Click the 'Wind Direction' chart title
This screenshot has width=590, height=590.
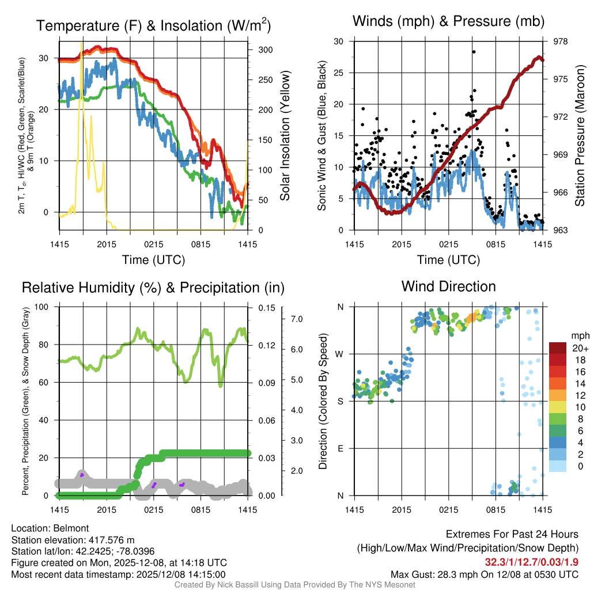coord(448,286)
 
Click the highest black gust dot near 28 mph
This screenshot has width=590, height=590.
coord(474,52)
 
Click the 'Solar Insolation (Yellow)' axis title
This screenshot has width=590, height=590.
coord(285,136)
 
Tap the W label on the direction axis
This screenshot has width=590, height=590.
coord(341,354)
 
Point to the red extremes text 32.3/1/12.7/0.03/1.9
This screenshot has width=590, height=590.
coord(531,562)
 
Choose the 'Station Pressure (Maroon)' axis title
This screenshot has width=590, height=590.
coord(580,136)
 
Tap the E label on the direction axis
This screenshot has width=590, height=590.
coord(341,448)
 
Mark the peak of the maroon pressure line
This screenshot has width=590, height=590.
coord(539,56)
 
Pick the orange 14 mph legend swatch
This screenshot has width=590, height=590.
coord(558,383)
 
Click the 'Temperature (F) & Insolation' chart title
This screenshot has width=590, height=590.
coord(154,26)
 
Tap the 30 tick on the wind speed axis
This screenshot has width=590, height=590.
coord(339,41)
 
